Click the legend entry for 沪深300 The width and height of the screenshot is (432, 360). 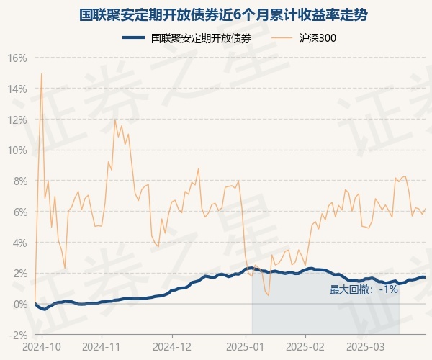(318, 39)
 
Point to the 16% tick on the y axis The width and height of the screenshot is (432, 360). (18, 58)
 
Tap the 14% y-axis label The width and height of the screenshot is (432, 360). (18, 89)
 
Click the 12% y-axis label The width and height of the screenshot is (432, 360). (18, 120)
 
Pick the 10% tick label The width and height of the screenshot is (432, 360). (18, 150)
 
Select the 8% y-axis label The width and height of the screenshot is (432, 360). (20, 181)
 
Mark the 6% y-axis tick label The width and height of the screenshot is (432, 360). (20, 212)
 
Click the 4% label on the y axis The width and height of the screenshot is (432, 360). (20, 243)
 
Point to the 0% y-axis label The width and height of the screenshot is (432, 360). (20, 304)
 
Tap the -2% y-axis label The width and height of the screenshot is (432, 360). (18, 335)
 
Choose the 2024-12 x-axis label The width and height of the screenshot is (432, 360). (173, 346)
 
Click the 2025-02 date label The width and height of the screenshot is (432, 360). (306, 346)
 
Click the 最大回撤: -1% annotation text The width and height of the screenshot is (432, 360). (364, 289)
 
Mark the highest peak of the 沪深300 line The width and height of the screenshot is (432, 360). (41, 73)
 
